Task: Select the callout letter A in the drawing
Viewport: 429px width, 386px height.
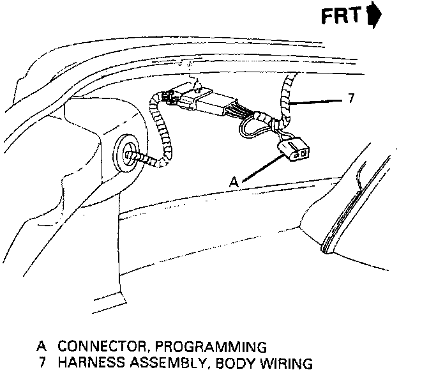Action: (x=234, y=182)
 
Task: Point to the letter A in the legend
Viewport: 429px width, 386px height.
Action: (x=41, y=347)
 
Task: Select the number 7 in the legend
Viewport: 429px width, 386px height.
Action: (x=42, y=364)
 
